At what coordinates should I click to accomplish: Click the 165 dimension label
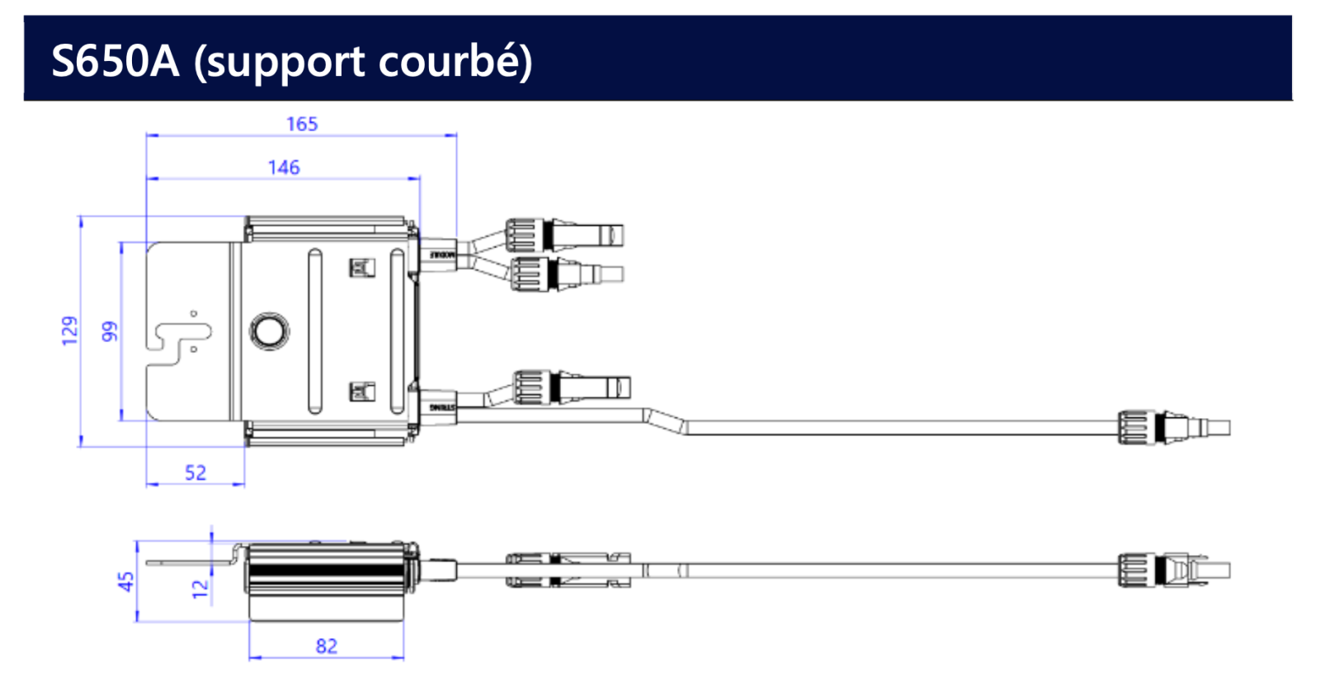pos(302,125)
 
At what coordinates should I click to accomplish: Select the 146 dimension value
pos(284,168)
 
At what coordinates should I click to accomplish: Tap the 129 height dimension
pos(70,330)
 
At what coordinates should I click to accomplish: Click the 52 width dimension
pos(196,473)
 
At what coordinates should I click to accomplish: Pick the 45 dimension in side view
pos(126,581)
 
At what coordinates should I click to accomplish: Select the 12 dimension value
pos(200,587)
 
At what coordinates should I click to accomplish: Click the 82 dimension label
pos(327,646)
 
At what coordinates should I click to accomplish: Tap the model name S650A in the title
pos(115,61)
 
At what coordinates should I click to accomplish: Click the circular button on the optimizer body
pos(269,331)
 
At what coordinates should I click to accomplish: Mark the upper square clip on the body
pos(361,267)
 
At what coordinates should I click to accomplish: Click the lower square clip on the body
pos(361,392)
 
